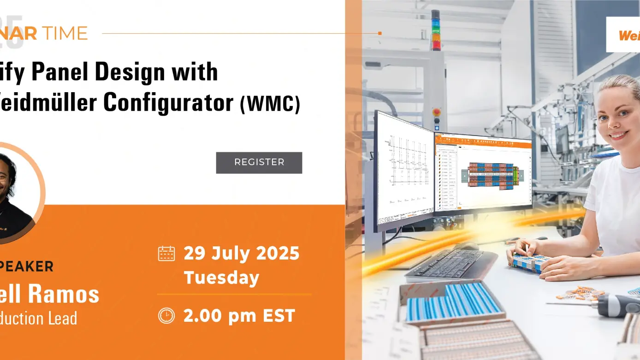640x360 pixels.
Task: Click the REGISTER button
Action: [259, 163]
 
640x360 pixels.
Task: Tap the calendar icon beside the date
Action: [166, 254]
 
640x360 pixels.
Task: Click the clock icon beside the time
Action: [166, 316]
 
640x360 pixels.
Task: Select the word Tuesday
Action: [221, 278]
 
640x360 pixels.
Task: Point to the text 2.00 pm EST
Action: [239, 316]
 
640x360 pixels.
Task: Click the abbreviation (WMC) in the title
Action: [270, 105]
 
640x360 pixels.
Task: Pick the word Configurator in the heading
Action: [168, 102]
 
